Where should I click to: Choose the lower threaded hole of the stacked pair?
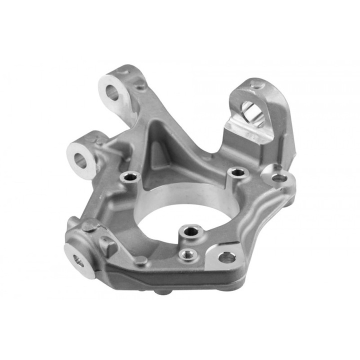click(187, 253)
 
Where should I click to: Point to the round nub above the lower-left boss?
click(88, 226)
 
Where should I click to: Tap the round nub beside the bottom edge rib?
click(142, 260)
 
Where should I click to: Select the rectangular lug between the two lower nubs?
click(107, 245)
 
